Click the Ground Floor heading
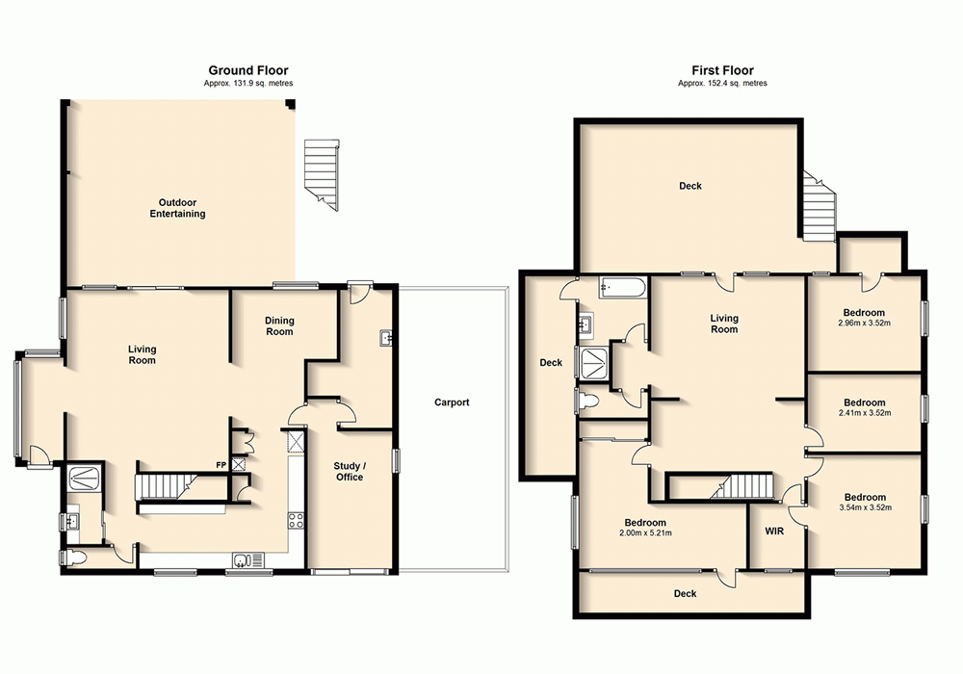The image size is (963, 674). click(x=248, y=70)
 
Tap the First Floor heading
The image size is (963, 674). click(x=722, y=70)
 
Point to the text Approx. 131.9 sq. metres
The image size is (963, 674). click(x=248, y=84)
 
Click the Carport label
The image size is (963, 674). click(x=451, y=402)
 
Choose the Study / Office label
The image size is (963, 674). click(x=350, y=471)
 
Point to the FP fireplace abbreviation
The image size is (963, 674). click(x=221, y=466)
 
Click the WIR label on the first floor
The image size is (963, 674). click(x=775, y=531)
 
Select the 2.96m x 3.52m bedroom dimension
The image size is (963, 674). click(x=864, y=324)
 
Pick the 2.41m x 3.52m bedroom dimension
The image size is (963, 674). click(x=864, y=414)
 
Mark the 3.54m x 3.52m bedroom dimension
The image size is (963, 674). click(x=864, y=507)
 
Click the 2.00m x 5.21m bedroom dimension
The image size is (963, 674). click(x=645, y=532)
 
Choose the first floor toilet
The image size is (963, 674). click(x=586, y=401)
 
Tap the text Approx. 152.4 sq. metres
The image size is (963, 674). click(x=722, y=84)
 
